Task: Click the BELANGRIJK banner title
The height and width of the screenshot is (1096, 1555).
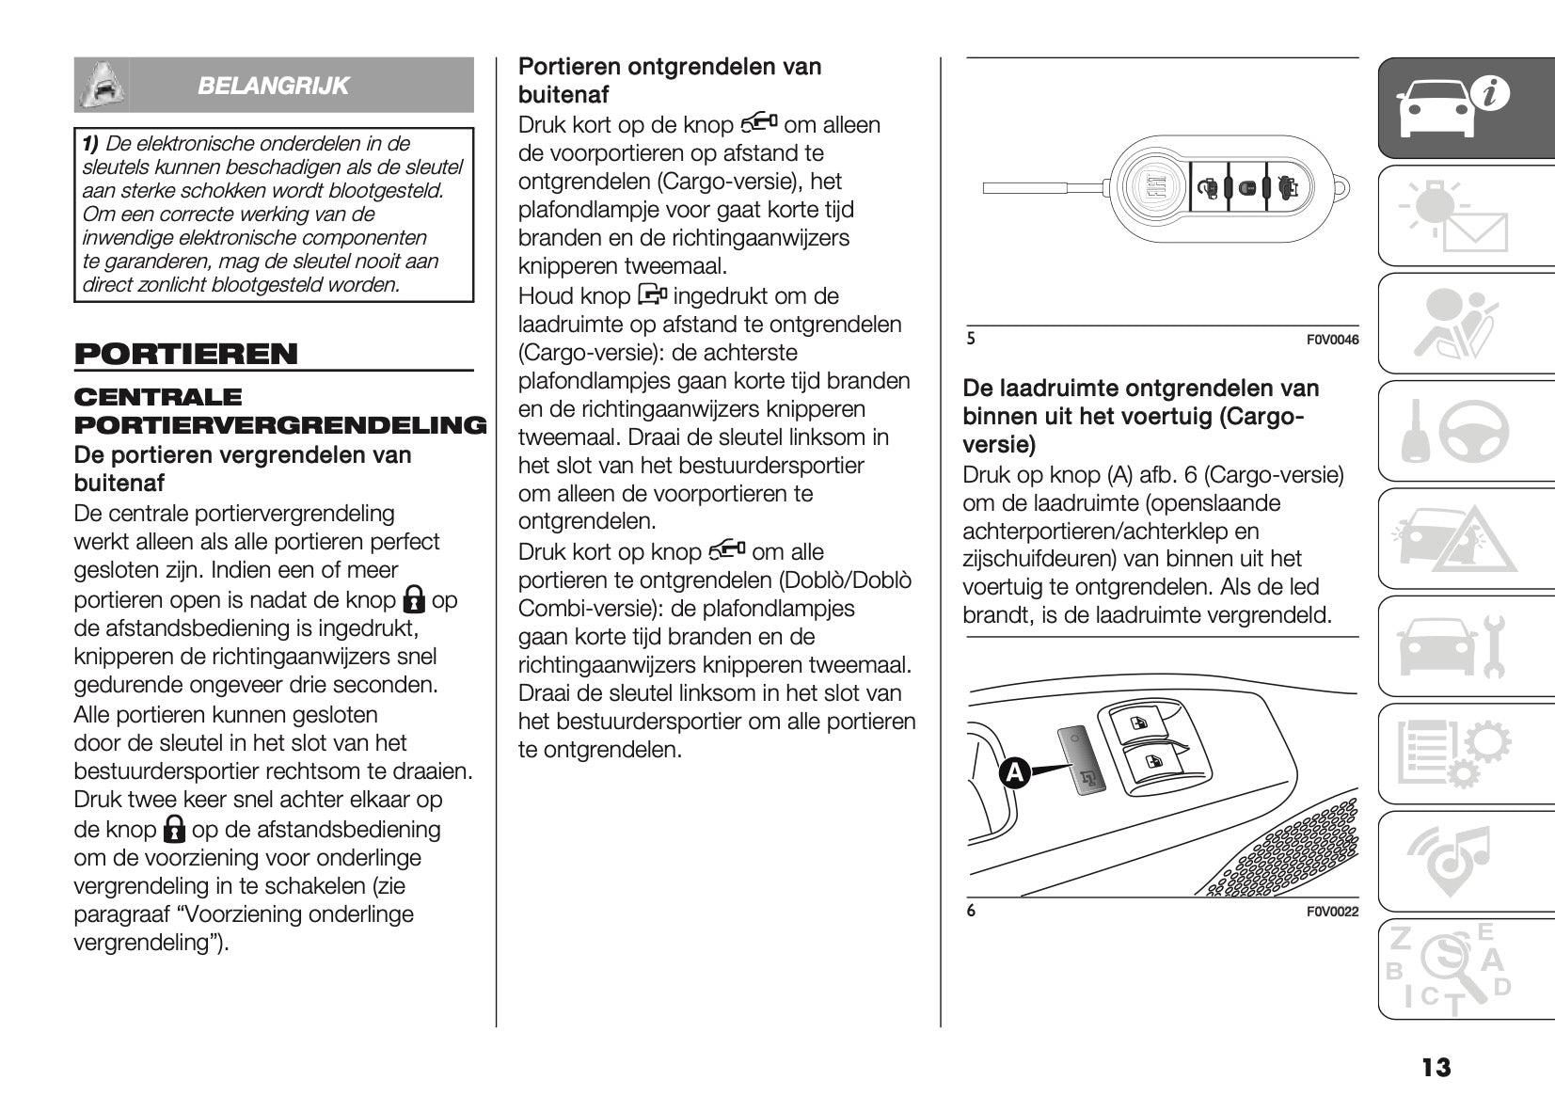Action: (x=273, y=86)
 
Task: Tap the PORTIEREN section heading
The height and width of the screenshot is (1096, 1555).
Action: (x=185, y=355)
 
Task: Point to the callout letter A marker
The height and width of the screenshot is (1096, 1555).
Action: (x=1013, y=773)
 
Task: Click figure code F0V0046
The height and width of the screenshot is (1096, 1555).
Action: (x=1332, y=340)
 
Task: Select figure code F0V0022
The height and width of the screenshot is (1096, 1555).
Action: (x=1332, y=911)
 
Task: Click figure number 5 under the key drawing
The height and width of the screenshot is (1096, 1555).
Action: (x=971, y=339)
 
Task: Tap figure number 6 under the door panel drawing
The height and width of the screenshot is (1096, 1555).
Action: (x=971, y=910)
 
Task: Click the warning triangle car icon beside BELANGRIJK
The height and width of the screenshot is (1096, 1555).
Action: (x=102, y=86)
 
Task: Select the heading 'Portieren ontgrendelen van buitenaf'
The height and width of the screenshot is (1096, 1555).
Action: (x=670, y=81)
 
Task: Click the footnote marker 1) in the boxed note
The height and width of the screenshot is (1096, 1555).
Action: (x=90, y=144)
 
